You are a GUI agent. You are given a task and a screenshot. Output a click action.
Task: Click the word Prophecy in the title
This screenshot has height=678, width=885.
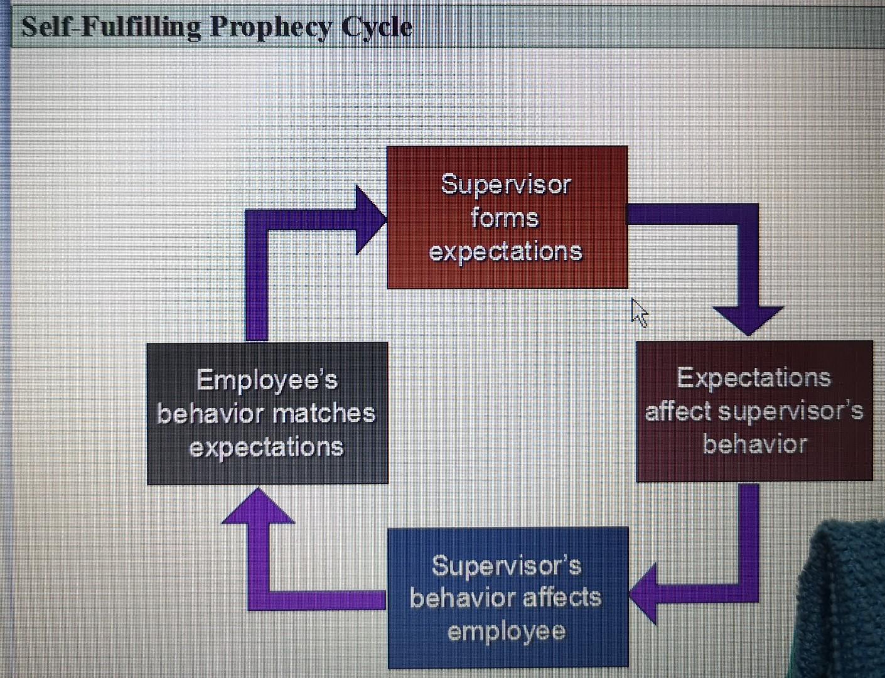click(271, 28)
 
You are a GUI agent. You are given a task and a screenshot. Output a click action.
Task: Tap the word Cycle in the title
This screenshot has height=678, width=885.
click(377, 27)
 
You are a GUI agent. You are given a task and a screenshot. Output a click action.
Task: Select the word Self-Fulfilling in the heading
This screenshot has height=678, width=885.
click(111, 27)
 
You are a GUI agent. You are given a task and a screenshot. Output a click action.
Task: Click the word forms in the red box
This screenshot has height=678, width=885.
click(505, 218)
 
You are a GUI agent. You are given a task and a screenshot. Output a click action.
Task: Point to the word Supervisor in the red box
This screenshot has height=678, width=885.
click(506, 185)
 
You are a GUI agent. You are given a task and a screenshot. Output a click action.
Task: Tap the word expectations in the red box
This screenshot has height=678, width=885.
click(506, 251)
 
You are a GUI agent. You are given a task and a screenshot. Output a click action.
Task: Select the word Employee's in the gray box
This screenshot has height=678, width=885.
click(267, 380)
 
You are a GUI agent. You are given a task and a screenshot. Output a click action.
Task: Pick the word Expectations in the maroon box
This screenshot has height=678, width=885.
click(754, 378)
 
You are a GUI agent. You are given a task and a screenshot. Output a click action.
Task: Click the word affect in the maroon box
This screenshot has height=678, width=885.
click(677, 411)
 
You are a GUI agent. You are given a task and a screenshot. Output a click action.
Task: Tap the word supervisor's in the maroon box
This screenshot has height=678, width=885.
click(791, 411)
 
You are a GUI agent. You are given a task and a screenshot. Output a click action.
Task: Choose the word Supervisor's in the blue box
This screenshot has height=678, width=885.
click(507, 566)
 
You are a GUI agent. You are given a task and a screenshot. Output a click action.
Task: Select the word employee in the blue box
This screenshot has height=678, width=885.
click(507, 631)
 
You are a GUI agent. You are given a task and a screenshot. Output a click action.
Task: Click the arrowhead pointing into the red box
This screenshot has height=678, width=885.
click(370, 220)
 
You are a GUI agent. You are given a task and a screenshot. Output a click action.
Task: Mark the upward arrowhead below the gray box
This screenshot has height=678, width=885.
click(258, 508)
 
